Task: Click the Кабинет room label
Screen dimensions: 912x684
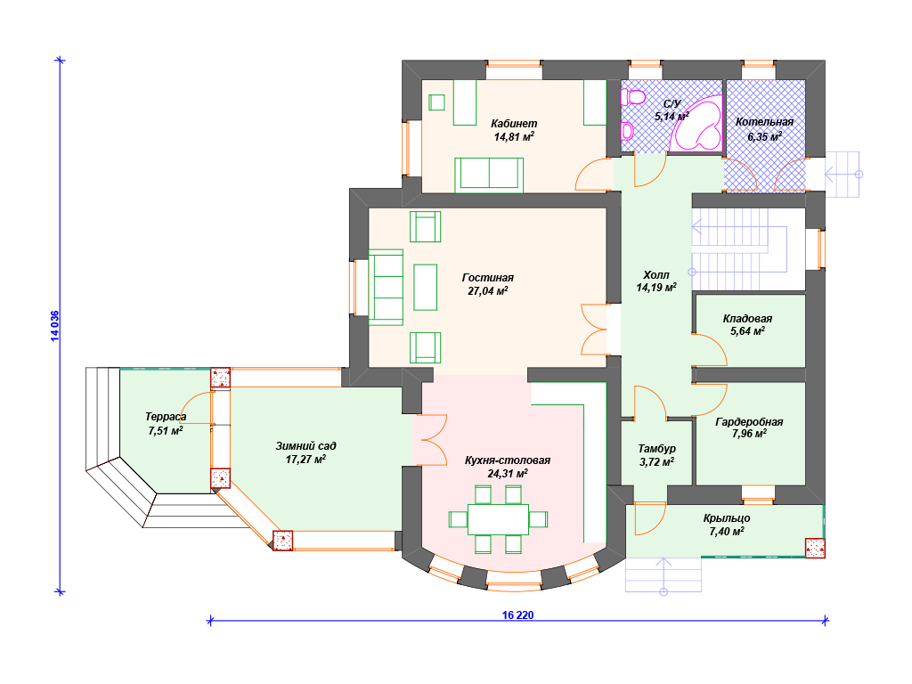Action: point(514,123)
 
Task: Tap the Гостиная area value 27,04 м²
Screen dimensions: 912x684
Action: point(488,291)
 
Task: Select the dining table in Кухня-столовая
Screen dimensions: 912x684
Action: point(498,519)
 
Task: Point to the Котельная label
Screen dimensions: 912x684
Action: point(764,122)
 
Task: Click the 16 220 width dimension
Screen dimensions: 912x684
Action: point(517,615)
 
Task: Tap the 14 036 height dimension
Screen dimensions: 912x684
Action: point(54,326)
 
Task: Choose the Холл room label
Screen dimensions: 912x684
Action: point(656,274)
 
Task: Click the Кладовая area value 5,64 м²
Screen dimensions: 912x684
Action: point(747,331)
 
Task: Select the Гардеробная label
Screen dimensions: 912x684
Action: point(749,421)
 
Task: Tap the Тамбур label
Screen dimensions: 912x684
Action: point(656,449)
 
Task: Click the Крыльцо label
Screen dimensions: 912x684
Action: point(727,517)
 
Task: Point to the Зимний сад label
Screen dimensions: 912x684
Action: point(306,446)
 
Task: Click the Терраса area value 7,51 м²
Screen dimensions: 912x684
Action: point(166,431)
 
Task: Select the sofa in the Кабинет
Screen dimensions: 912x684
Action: point(489,175)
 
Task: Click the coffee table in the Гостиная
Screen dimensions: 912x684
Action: point(425,288)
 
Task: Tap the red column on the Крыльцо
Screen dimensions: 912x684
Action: point(815,548)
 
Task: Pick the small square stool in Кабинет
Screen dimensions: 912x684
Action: point(436,102)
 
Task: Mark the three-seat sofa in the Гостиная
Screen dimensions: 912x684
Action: point(387,288)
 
